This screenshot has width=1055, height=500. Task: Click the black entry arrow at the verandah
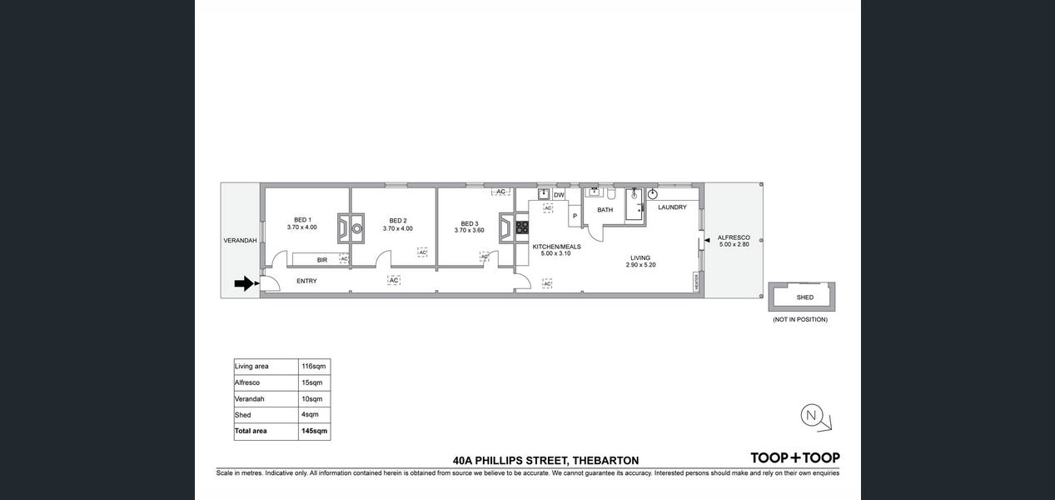(244, 283)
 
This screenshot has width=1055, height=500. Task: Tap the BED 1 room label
(302, 220)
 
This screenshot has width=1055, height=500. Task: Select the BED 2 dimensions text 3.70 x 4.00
(397, 228)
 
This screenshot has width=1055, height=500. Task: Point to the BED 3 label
(469, 224)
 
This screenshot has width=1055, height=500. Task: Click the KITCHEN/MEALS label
(556, 247)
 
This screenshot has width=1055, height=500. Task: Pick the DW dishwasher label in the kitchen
(559, 195)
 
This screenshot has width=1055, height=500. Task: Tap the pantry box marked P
(575, 216)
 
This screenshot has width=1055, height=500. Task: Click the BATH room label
(605, 210)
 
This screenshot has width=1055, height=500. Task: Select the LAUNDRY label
(672, 207)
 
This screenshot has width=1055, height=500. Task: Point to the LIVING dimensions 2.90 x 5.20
(640, 265)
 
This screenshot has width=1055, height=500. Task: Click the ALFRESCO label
(734, 237)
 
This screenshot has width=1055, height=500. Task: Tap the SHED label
(805, 297)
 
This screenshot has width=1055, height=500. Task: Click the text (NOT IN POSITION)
(799, 319)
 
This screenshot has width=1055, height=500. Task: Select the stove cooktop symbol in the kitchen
(522, 227)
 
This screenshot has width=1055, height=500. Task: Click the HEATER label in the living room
(697, 282)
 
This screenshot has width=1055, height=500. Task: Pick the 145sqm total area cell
(314, 431)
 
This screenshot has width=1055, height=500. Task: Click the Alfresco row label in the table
(247, 382)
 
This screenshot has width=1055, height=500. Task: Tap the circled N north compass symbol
(812, 415)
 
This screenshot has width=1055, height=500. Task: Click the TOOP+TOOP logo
(795, 457)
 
